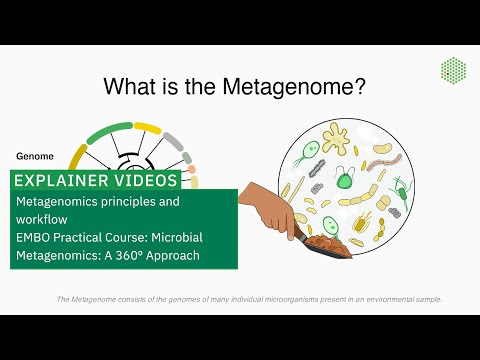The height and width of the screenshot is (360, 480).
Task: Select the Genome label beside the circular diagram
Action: pos(35,156)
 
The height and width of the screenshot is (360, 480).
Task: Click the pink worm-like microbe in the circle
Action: pos(386,154)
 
